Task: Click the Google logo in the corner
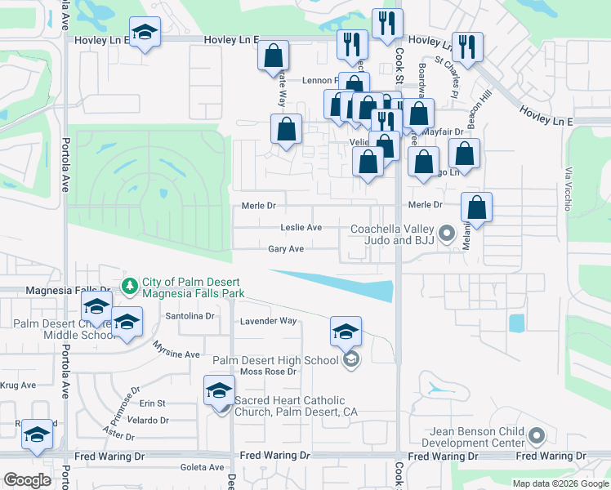pos(26,480)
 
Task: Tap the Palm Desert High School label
pos(275,360)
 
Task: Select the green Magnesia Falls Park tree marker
pos(129,286)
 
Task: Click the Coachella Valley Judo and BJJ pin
pos(446,234)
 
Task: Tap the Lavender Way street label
pos(268,321)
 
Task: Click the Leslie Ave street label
pos(301,228)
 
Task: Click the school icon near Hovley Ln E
pos(145,33)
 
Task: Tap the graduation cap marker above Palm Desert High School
pos(346,332)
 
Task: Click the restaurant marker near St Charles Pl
pos(466,47)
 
